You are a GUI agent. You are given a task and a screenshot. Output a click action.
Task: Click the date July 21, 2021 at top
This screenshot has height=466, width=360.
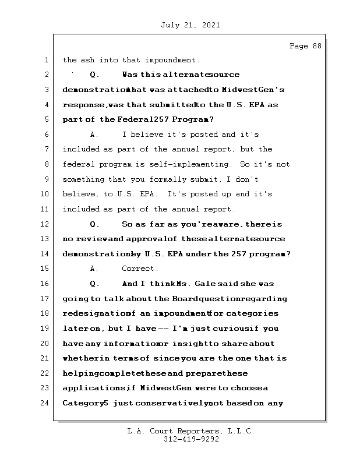189,25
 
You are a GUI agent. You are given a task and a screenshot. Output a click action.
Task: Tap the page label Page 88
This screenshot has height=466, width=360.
305,46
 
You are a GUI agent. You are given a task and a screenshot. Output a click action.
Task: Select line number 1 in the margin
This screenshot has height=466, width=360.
47,60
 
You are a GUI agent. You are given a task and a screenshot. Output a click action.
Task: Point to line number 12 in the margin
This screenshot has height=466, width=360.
45,224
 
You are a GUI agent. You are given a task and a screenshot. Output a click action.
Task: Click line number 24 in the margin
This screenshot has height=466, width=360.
45,403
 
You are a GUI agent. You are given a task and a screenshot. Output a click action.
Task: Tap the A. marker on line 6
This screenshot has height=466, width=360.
95,135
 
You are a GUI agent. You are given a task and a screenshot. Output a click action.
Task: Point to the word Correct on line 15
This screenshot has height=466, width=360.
139,269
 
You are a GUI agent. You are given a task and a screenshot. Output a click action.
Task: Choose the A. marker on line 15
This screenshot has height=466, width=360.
95,269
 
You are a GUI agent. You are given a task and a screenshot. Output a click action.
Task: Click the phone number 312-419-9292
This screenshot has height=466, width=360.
191,440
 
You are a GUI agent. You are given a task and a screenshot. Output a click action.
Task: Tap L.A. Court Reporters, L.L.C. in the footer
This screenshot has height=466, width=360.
191,432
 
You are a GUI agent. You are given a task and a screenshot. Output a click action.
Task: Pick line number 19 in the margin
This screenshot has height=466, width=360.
45,329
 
